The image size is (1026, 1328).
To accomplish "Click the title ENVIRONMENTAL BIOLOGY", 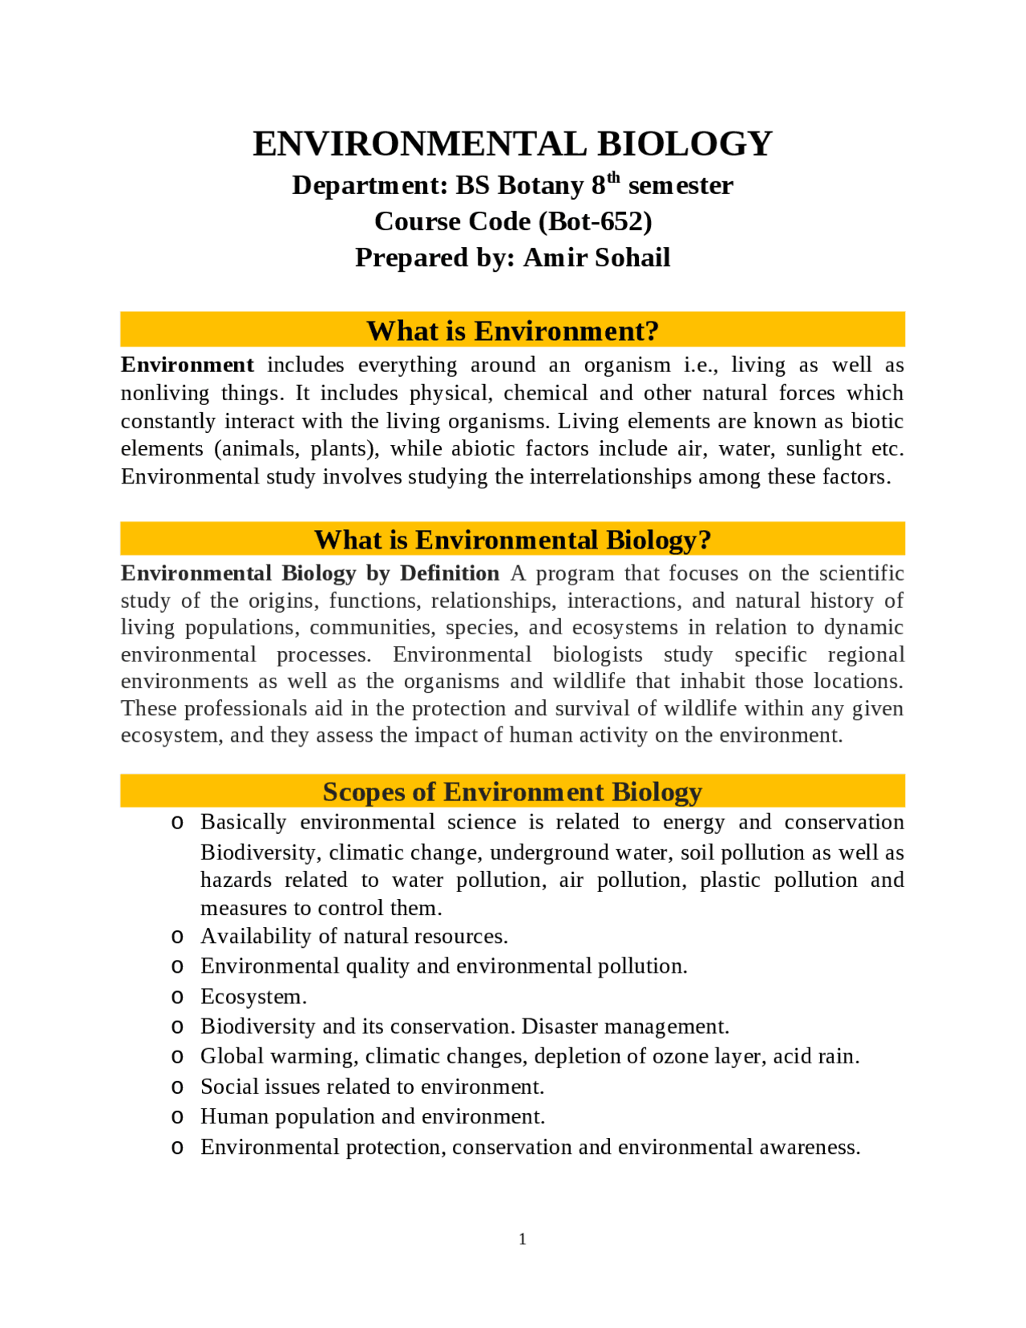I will pyautogui.click(x=512, y=144).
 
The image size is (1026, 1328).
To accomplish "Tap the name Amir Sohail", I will pyautogui.click(x=596, y=257).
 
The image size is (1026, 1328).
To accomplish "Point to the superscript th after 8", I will pyautogui.click(x=614, y=177).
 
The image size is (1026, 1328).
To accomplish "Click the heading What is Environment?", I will pyautogui.click(x=512, y=330).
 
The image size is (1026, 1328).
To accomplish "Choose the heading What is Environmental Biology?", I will pyautogui.click(x=512, y=540).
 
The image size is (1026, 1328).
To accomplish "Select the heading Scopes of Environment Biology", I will pyautogui.click(x=512, y=792).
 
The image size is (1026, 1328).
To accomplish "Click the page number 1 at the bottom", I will pyautogui.click(x=523, y=1239).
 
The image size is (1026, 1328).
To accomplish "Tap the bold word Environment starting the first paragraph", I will pyautogui.click(x=188, y=365).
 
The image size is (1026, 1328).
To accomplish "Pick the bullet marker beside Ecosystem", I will pyautogui.click(x=177, y=997).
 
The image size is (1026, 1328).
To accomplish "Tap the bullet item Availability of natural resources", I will pyautogui.click(x=353, y=936).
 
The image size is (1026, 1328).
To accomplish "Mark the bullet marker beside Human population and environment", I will pyautogui.click(x=177, y=1117).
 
